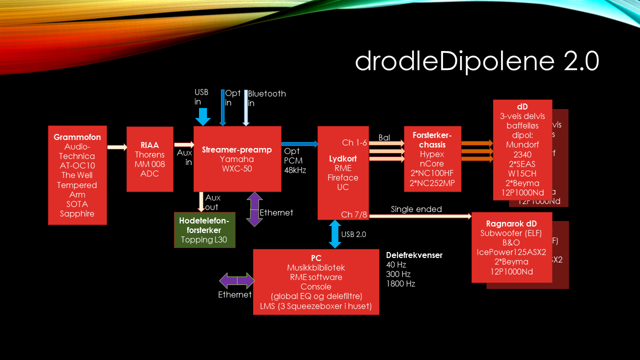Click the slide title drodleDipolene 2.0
click(476, 61)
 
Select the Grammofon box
click(77, 175)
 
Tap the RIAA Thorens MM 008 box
click(149, 159)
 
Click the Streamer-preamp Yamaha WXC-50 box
click(237, 158)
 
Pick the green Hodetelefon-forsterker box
click(204, 229)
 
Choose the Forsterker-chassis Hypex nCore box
click(432, 159)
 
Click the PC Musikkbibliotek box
click(316, 281)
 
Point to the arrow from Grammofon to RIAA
click(117, 147)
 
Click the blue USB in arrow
click(203, 117)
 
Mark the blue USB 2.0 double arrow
click(334, 234)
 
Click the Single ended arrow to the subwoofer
click(420, 216)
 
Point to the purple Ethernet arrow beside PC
click(237, 280)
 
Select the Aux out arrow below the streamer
click(201, 201)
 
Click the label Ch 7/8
click(353, 214)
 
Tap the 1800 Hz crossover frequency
click(400, 283)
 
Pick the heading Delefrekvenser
click(414, 255)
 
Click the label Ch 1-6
click(354, 143)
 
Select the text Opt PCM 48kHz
click(295, 160)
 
